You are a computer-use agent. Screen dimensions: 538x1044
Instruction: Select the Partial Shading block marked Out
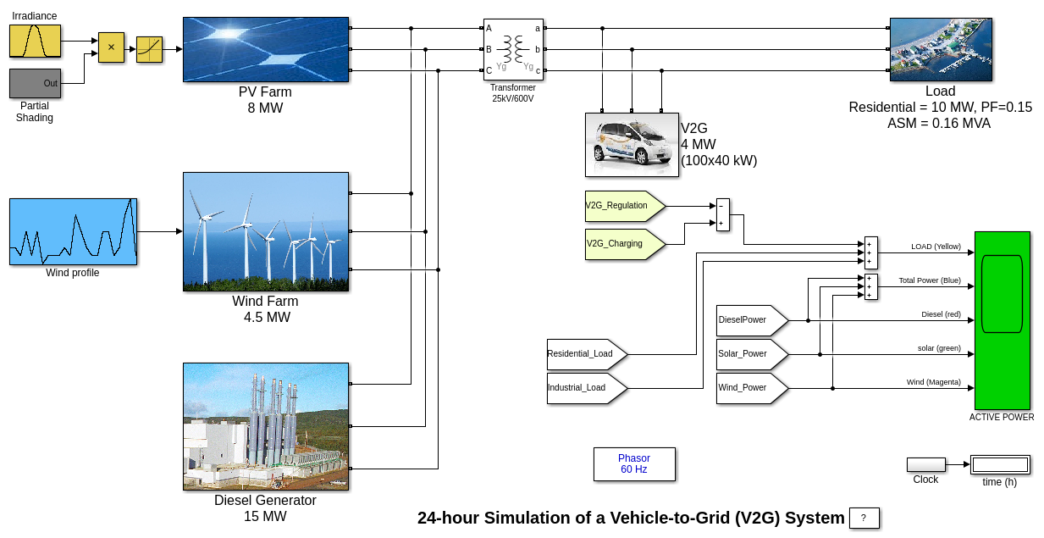(x=35, y=83)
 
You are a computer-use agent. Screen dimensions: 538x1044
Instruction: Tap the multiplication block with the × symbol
(x=111, y=47)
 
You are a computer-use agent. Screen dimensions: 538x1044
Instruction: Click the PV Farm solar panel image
(x=266, y=49)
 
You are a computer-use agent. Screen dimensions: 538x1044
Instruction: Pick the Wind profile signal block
(x=73, y=231)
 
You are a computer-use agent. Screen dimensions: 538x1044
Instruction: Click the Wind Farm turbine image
(x=266, y=231)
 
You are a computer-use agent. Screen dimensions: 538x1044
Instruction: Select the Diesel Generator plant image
(x=266, y=426)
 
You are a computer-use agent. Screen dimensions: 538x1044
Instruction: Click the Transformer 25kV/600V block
(x=513, y=50)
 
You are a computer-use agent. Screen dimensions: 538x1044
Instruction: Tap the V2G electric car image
(x=632, y=144)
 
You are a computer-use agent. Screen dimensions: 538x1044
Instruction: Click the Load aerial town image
(x=940, y=49)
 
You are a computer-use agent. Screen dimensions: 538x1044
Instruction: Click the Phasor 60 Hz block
(x=634, y=463)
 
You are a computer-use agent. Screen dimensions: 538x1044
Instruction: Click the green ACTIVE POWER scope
(x=1002, y=320)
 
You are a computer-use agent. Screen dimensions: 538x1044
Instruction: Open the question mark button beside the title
(x=864, y=518)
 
